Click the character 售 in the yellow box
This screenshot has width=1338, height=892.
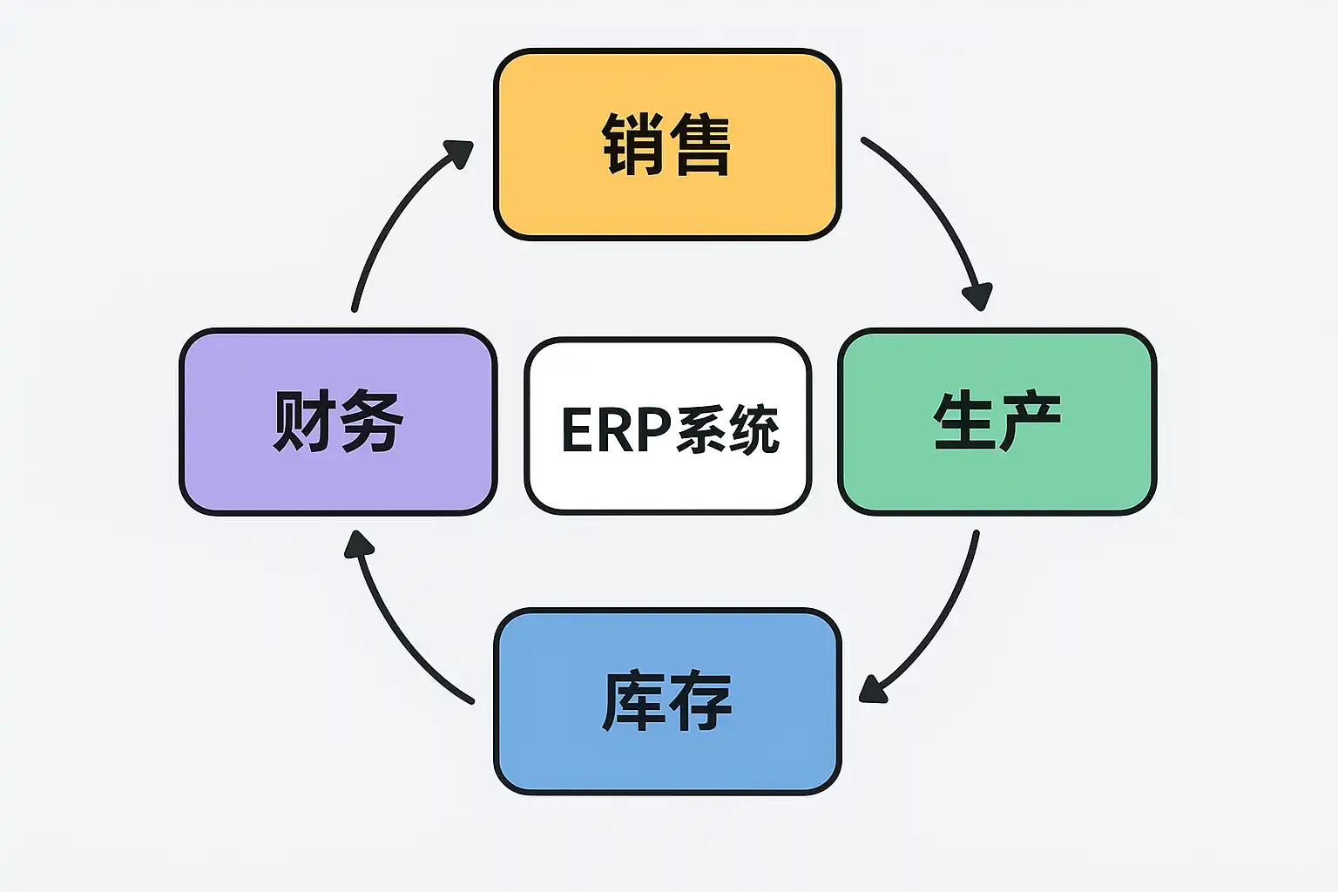point(701,145)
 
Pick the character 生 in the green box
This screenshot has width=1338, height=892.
point(963,422)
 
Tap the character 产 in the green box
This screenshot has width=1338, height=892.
point(1031,422)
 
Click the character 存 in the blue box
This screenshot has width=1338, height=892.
point(701,701)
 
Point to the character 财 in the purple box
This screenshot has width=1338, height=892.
point(304,422)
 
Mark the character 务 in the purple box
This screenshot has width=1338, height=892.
point(372,422)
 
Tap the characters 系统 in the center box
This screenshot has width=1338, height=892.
point(727,429)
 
